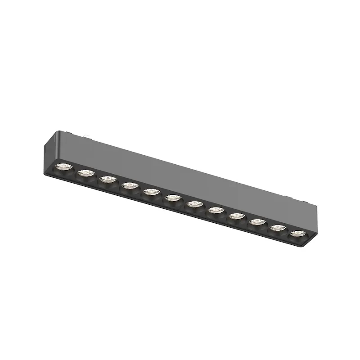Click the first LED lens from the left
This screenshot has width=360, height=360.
coord(62,168)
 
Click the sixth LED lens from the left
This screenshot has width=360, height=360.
coord(172,198)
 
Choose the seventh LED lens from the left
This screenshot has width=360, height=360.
coord(193,204)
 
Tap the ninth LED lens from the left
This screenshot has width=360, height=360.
coord(235,216)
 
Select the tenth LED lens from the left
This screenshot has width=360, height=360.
coord(256,221)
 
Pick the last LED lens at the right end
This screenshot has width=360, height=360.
coord(296,233)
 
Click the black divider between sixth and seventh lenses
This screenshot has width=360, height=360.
coord(183,201)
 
